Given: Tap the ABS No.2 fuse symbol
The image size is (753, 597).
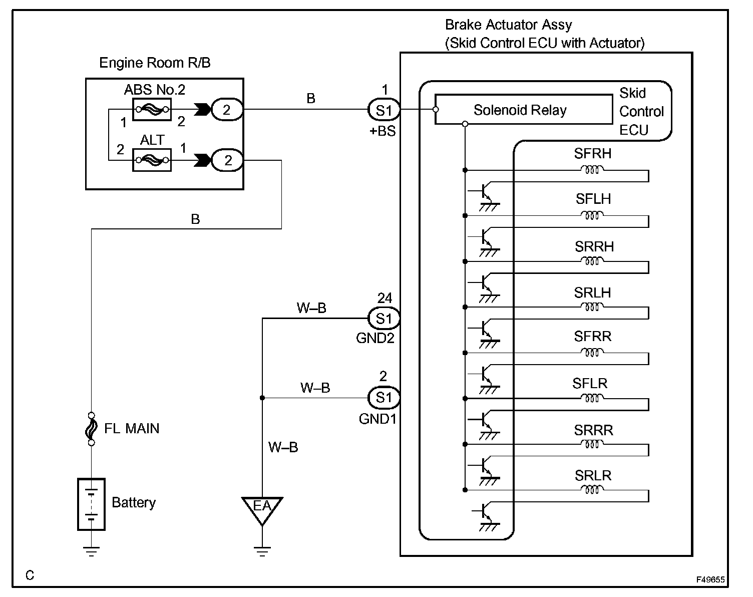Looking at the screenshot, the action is tap(152, 110).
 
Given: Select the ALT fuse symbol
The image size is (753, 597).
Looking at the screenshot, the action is tap(152, 160).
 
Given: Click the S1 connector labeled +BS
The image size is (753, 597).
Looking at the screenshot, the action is tap(384, 110).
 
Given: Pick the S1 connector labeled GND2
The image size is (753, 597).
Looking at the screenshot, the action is tap(384, 319).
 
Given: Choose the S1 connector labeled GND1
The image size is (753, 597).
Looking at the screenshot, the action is tap(384, 398).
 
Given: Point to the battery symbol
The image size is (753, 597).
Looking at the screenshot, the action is tap(91, 504).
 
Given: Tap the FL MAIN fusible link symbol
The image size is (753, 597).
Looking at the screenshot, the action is tap(91, 429).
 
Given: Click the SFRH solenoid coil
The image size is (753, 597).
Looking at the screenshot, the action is tap(592, 170).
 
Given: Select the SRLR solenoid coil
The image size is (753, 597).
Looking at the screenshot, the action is tap(592, 489).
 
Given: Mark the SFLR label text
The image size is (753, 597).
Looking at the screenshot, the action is tap(590, 384).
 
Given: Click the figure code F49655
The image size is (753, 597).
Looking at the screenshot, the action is tap(710, 579).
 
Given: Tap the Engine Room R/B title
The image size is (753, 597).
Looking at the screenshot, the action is tap(155, 63).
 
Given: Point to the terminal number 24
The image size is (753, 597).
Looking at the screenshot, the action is tap(385, 298).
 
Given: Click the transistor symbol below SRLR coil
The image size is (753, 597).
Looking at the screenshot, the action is tap(486, 516).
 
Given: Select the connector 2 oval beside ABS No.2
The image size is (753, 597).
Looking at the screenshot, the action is tap(227, 110).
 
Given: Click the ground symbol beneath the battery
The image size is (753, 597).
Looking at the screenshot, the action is tap(91, 551).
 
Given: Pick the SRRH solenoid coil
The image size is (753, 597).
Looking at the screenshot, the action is tap(592, 261).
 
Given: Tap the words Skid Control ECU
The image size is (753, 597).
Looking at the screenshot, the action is tap(641, 111).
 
